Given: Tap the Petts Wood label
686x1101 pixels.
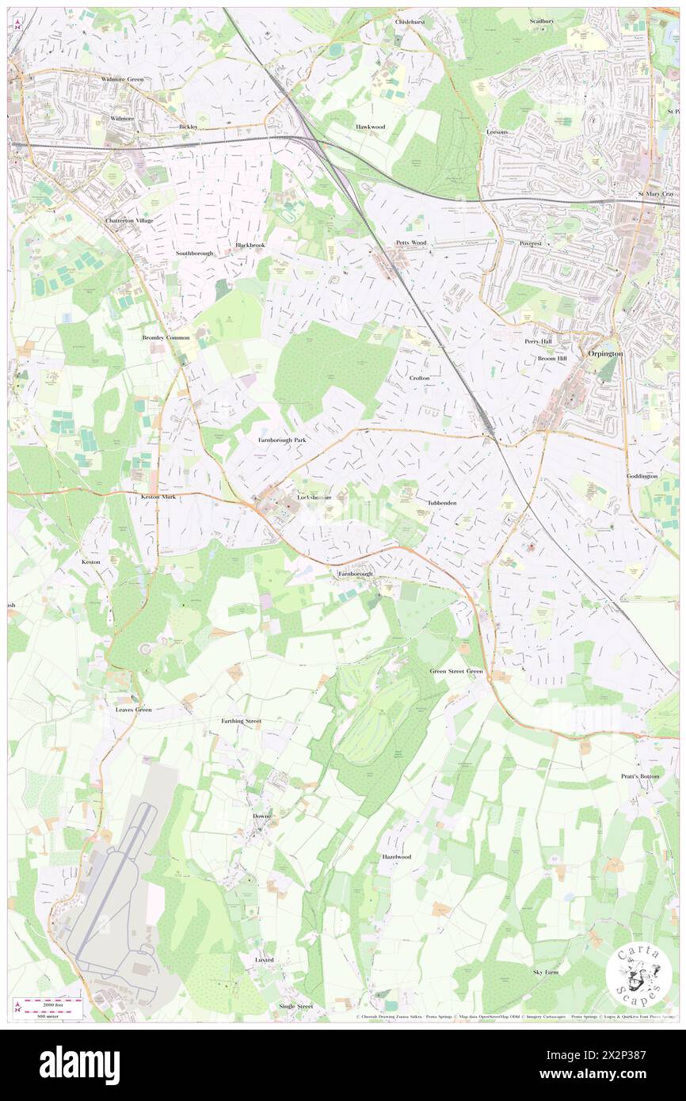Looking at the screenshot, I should (x=411, y=242).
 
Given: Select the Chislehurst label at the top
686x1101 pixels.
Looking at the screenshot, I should (x=410, y=22).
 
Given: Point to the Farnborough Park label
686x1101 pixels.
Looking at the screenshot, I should (x=281, y=439).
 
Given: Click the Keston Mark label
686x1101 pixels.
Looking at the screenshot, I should (x=158, y=497).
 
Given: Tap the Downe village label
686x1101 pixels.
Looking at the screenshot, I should (x=261, y=816).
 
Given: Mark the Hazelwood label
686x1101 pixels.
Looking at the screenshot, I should (x=396, y=857).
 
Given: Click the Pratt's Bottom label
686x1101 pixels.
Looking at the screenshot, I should (x=639, y=776).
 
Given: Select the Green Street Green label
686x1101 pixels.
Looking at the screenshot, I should (x=455, y=671).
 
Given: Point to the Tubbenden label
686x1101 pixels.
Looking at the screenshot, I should (x=441, y=503).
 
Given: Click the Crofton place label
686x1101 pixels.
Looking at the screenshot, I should (x=419, y=379).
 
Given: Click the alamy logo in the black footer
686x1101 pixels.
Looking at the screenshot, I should (x=79, y=1065).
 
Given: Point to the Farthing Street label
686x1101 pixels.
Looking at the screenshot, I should (x=241, y=722).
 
